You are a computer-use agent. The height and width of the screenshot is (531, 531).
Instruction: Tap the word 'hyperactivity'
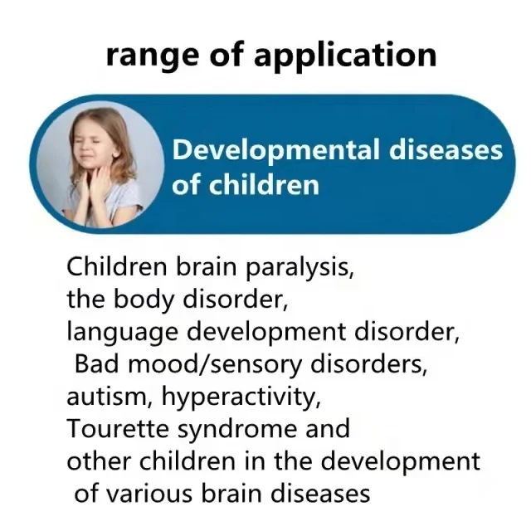point(241,397)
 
